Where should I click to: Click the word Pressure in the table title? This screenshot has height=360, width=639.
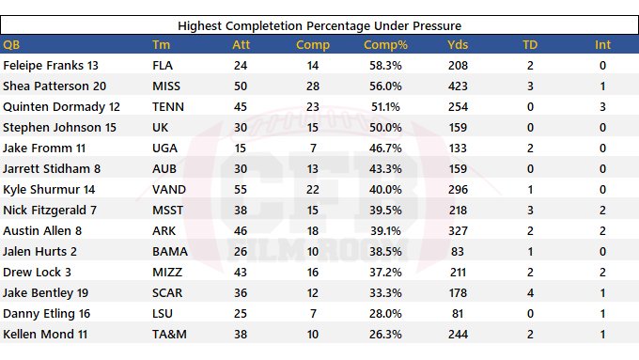[437, 25]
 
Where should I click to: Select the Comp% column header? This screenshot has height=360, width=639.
[385, 44]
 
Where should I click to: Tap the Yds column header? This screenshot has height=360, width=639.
[458, 44]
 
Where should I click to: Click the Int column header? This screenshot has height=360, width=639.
[602, 44]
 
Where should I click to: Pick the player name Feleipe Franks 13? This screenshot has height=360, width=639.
[51, 65]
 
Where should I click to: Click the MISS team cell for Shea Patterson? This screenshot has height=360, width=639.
[166, 86]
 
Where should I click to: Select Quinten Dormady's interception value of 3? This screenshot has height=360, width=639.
[602, 107]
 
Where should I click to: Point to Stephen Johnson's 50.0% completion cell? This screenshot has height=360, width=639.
[385, 128]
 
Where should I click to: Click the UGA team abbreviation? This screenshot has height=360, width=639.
[164, 148]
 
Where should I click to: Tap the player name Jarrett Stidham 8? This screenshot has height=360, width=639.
[52, 169]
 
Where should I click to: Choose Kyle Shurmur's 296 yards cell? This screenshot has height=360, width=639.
[458, 190]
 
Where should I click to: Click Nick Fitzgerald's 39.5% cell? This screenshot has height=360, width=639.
[385, 211]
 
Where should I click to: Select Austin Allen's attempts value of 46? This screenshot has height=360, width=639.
[241, 231]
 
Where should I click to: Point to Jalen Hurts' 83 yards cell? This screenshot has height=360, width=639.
[458, 252]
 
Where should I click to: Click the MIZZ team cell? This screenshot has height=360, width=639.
[167, 273]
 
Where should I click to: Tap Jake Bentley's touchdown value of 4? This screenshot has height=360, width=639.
[530, 292]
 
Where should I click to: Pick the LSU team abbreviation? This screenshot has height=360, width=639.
[163, 314]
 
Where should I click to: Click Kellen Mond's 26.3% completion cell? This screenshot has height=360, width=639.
[385, 335]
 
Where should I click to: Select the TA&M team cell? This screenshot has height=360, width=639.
[169, 335]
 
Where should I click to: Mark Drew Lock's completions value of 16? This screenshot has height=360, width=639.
[313, 273]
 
